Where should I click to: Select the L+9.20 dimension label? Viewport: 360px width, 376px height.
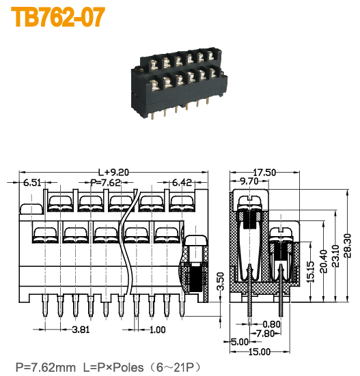(x=113, y=172)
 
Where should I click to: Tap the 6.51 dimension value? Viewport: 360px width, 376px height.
(x=32, y=183)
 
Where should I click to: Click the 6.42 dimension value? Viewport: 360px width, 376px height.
(x=182, y=183)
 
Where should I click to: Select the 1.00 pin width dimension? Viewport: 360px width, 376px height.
(x=157, y=330)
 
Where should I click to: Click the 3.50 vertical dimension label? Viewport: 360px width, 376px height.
(x=219, y=281)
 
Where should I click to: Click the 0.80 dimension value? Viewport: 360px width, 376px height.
(x=271, y=324)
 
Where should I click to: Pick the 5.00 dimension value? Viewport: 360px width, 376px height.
(x=239, y=341)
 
